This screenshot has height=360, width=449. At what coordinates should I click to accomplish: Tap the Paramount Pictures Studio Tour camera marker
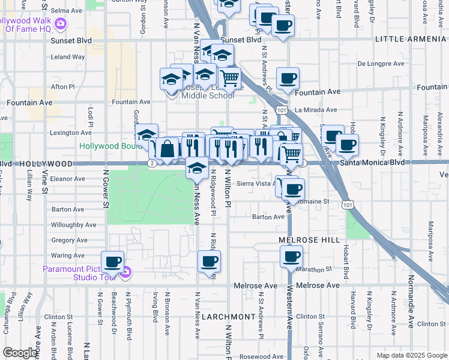[x=125, y=274]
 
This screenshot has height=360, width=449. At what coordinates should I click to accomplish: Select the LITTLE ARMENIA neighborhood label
[x=411, y=39]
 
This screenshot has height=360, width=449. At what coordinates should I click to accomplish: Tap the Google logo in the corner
[x=20, y=353]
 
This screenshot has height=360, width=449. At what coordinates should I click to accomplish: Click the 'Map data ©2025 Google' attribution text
[x=411, y=355]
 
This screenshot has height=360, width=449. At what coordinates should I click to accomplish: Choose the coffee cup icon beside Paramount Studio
[x=112, y=262]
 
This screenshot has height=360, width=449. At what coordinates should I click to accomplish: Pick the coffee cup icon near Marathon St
[x=292, y=256]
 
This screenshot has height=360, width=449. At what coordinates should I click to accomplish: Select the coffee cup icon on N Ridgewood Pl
[x=209, y=262]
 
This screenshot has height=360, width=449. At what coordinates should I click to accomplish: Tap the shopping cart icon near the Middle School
[x=229, y=77]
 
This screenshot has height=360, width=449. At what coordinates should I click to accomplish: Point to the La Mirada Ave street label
[x=316, y=110]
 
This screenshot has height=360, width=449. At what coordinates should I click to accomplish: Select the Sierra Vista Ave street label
[x=256, y=184]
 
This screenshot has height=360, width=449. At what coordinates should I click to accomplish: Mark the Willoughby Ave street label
[x=74, y=225]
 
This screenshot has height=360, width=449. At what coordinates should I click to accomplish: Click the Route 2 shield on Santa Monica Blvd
[x=153, y=163]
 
